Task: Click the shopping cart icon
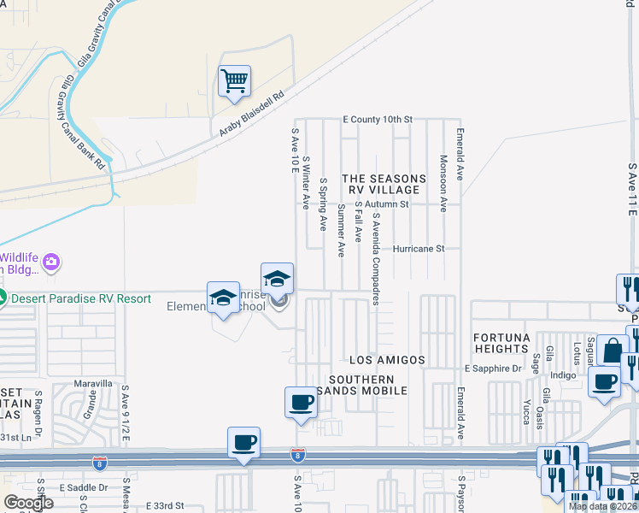[x=234, y=82]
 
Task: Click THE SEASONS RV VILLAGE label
[x=382, y=184]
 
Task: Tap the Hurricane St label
[x=419, y=250]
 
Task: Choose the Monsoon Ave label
[x=443, y=183]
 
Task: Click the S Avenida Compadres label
[x=375, y=259]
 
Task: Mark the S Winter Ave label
[x=305, y=181]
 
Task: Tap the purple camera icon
[x=51, y=262]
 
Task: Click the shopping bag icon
[x=613, y=351]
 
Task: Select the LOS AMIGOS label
[x=388, y=361]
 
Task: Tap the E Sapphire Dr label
[x=493, y=369]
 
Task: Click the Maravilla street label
[x=93, y=383]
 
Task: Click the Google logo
[x=29, y=503]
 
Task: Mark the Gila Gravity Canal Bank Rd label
[x=85, y=121]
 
